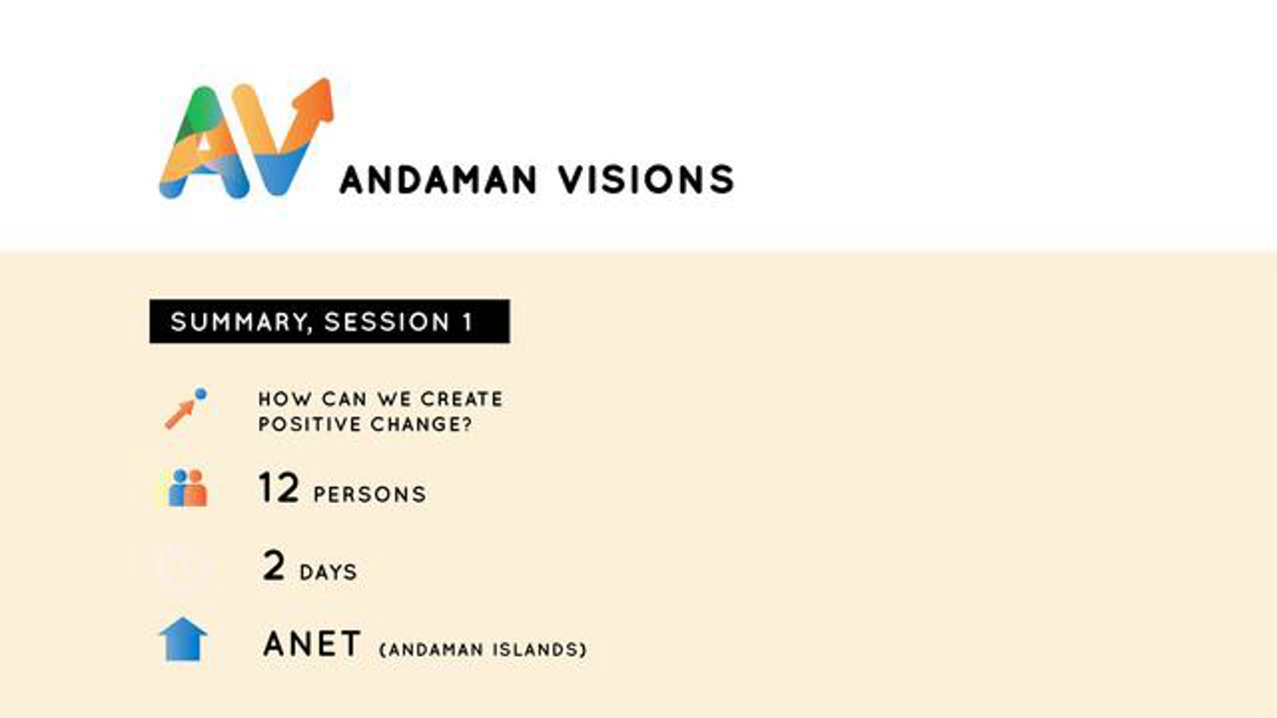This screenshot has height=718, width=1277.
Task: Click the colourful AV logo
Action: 246,138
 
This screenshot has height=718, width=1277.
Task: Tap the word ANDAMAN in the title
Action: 438,180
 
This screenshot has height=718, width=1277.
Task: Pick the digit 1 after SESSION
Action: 468,322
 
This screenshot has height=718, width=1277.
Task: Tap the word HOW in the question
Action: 285,399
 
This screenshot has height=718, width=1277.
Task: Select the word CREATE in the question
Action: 461,399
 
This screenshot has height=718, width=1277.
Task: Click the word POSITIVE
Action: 310,424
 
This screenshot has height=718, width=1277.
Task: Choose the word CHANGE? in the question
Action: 421,424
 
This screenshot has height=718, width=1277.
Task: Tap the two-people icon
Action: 188,488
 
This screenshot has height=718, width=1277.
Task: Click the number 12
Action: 278,487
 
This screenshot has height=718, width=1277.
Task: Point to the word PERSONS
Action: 370,495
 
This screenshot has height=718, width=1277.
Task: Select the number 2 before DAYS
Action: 274,565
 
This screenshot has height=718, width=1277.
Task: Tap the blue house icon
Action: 183,639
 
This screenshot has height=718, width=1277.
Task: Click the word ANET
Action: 312,644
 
